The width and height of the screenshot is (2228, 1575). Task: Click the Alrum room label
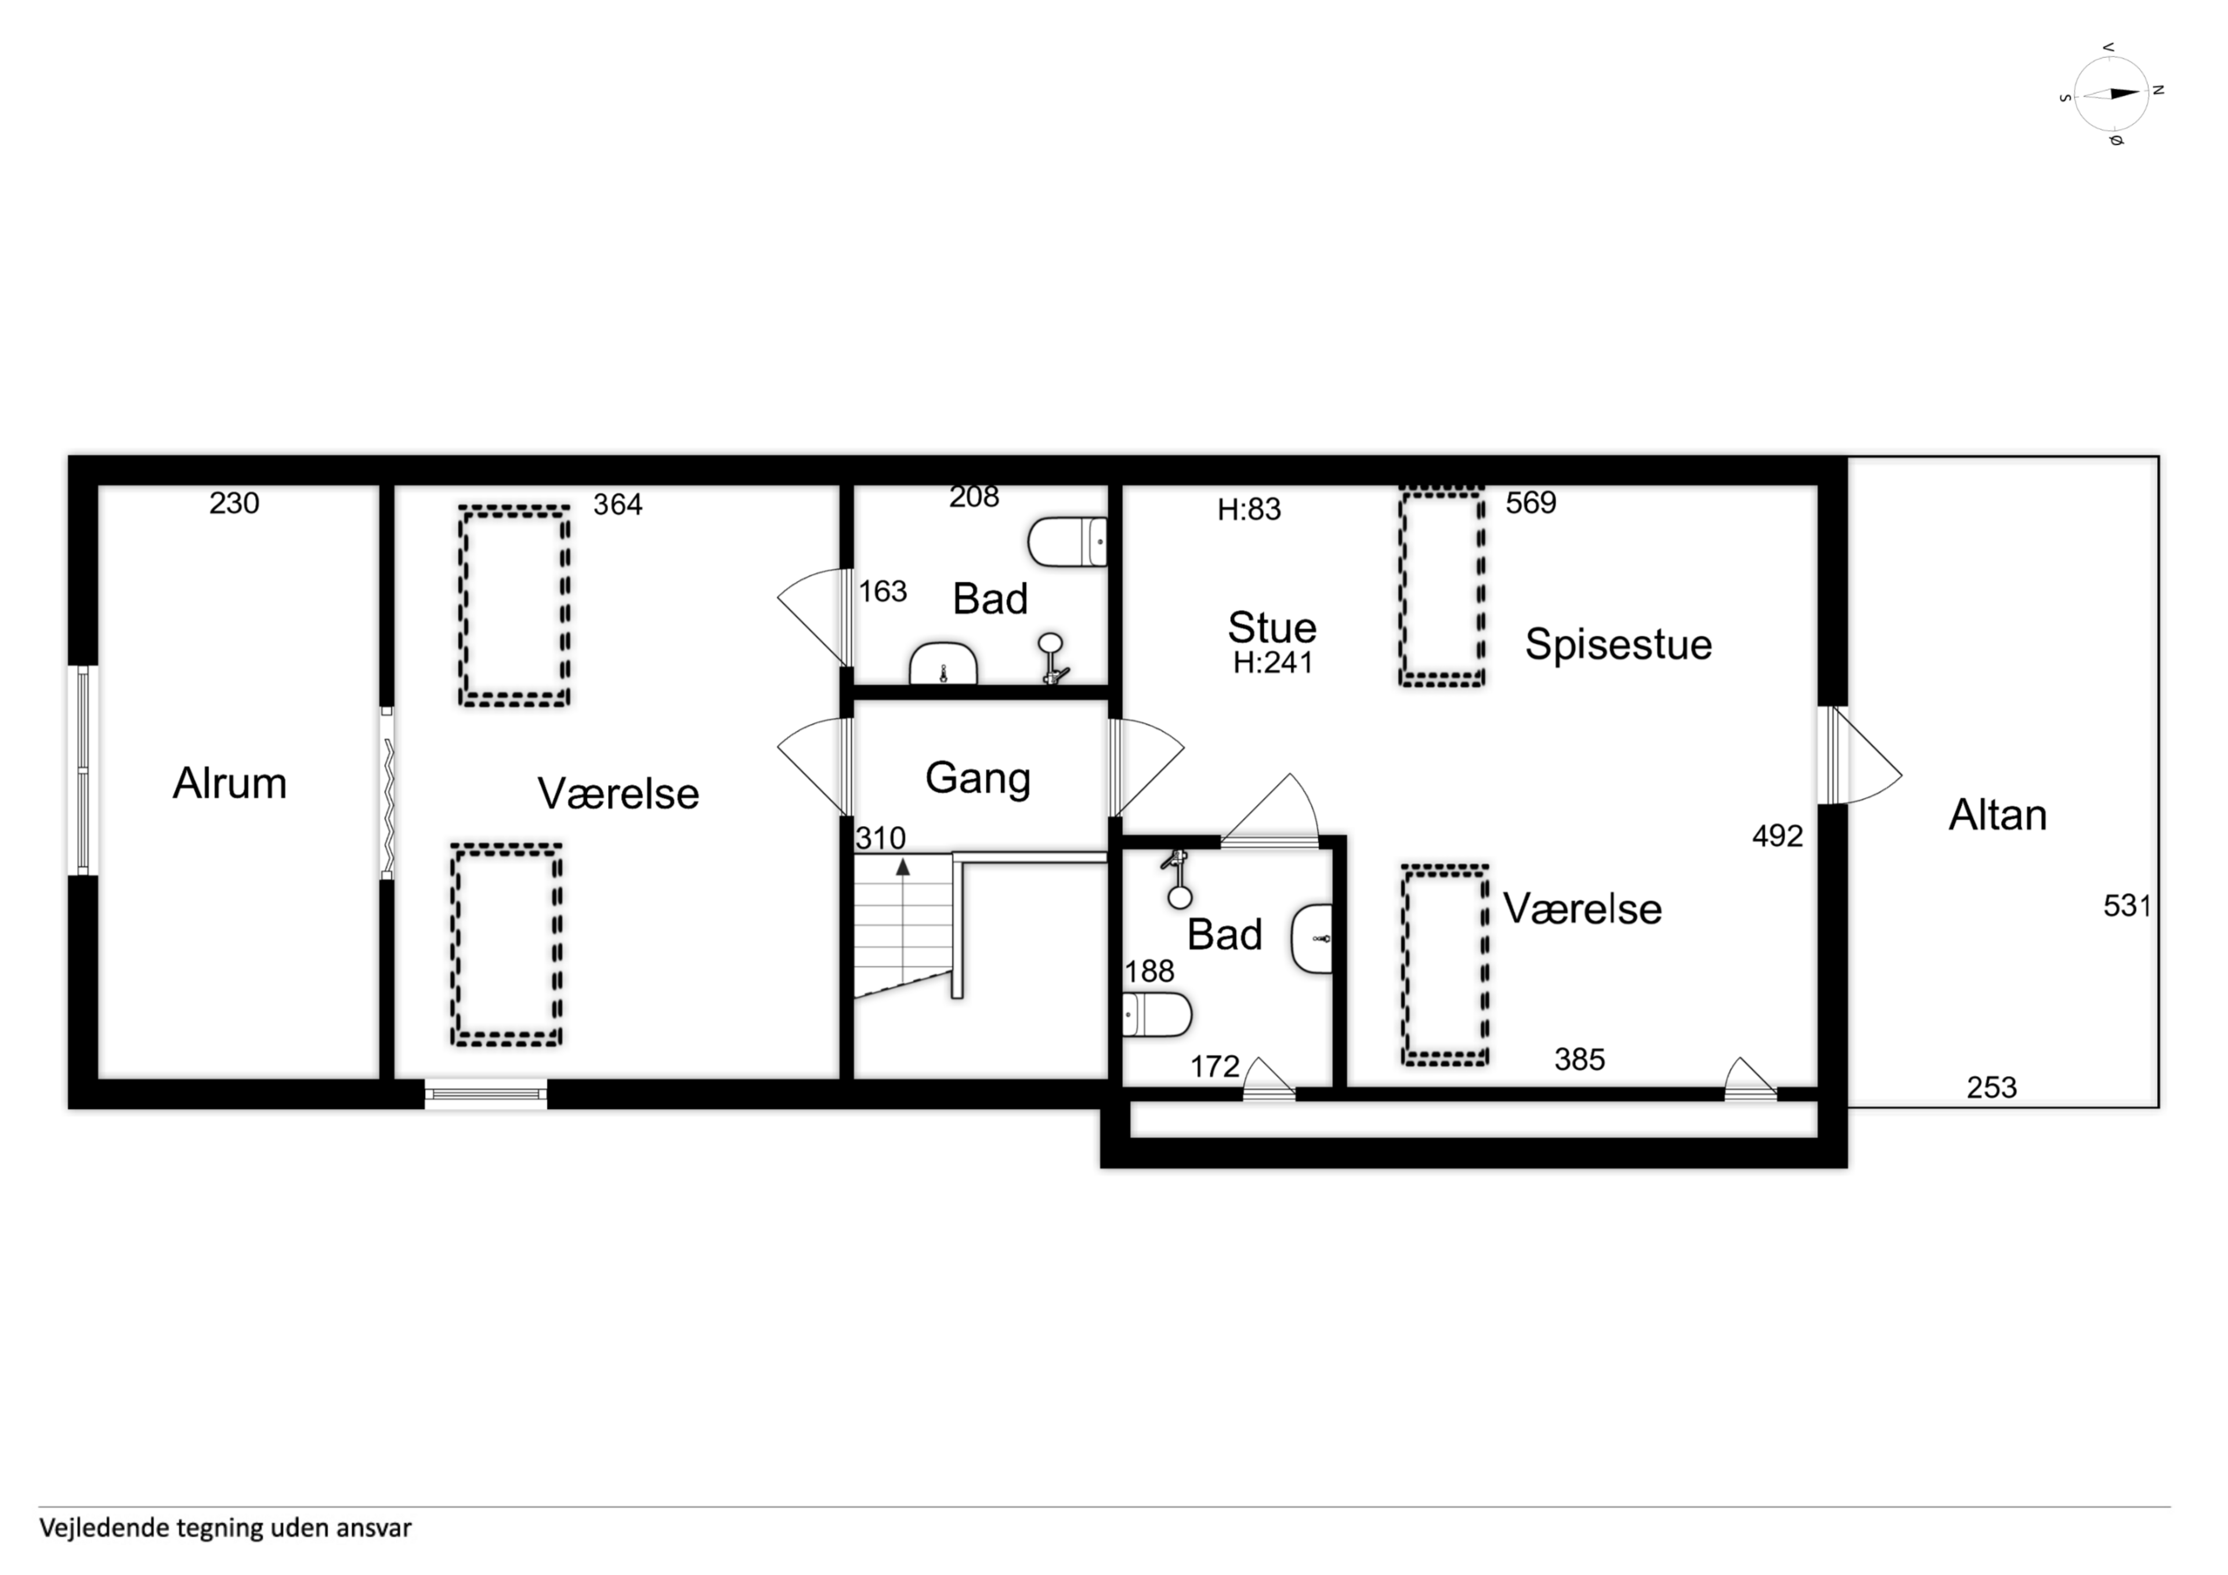[230, 783]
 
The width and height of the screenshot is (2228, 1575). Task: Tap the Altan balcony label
[1998, 815]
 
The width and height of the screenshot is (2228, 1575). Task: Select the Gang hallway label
[978, 779]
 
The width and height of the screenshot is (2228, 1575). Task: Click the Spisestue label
[1619, 645]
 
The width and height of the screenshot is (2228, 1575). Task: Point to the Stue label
[1272, 628]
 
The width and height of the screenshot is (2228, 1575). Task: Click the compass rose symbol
[2111, 94]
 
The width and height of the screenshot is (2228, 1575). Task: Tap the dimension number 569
[1531, 503]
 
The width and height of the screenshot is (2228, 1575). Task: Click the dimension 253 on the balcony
[1992, 1088]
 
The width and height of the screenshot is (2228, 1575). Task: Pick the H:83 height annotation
[1250, 509]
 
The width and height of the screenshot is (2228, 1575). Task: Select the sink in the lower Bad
[1312, 939]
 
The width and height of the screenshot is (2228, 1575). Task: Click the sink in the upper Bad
[943, 664]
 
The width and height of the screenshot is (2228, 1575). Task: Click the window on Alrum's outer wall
[84, 770]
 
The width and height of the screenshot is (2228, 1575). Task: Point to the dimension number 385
[1580, 1060]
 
